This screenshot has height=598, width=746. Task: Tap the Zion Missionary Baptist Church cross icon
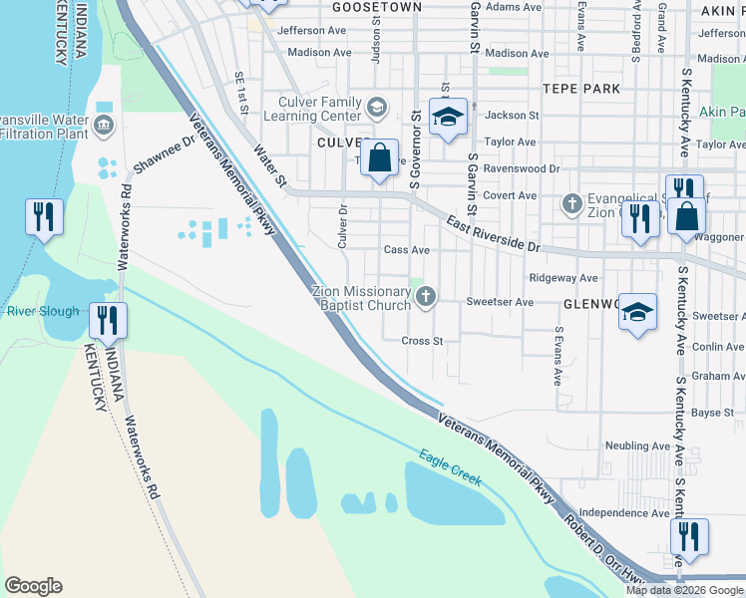426,296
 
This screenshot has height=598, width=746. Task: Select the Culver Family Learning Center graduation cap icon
377,107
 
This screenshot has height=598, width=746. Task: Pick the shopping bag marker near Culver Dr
380,156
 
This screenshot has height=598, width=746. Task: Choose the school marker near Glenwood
637,312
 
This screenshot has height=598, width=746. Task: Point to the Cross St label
422,341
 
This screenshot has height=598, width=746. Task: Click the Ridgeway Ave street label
563,278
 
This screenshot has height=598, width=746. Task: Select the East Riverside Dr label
492,233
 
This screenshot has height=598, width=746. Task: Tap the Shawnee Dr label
163,155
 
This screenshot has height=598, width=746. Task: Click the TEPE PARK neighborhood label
581,89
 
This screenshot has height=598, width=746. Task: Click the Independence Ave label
624,512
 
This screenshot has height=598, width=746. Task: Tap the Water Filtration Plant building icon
104,126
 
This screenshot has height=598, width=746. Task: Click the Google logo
33,586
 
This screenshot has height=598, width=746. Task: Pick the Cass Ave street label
406,250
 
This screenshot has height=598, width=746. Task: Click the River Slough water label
42,312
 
